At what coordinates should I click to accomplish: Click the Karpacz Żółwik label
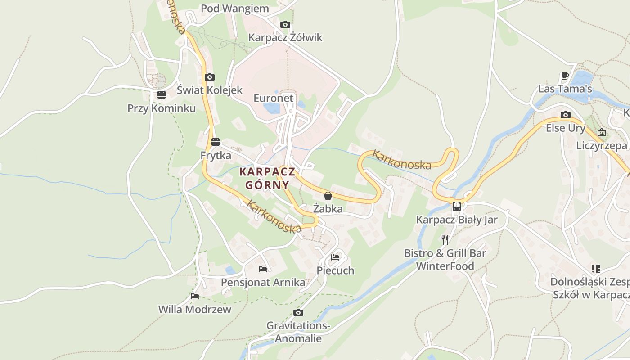tap(285, 37)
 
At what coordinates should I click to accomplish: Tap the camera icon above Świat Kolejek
tap(209, 77)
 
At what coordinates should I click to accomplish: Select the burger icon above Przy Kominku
tap(162, 95)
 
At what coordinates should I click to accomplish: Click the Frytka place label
tap(216, 156)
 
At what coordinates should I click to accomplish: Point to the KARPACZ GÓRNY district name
tap(267, 178)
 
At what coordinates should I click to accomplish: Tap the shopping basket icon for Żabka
tap(328, 196)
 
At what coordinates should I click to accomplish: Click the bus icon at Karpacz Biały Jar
tap(456, 207)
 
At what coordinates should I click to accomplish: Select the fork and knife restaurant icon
tap(445, 239)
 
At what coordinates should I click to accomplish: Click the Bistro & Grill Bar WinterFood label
tap(445, 260)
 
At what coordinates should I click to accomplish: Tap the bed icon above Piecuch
tap(335, 257)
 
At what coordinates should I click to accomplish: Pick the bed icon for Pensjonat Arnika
tap(263, 269)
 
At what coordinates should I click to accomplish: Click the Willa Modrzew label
tap(194, 310)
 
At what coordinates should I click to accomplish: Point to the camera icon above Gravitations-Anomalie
tap(298, 312)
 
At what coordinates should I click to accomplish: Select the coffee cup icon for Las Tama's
tap(565, 76)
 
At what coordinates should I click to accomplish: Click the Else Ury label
tap(566, 128)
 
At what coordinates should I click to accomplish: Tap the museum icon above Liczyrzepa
tap(602, 132)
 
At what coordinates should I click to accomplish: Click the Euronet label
tap(273, 98)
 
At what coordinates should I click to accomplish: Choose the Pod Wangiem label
tap(234, 9)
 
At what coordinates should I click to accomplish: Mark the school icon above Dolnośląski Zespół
tap(596, 269)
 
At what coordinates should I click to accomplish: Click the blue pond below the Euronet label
tap(271, 108)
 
